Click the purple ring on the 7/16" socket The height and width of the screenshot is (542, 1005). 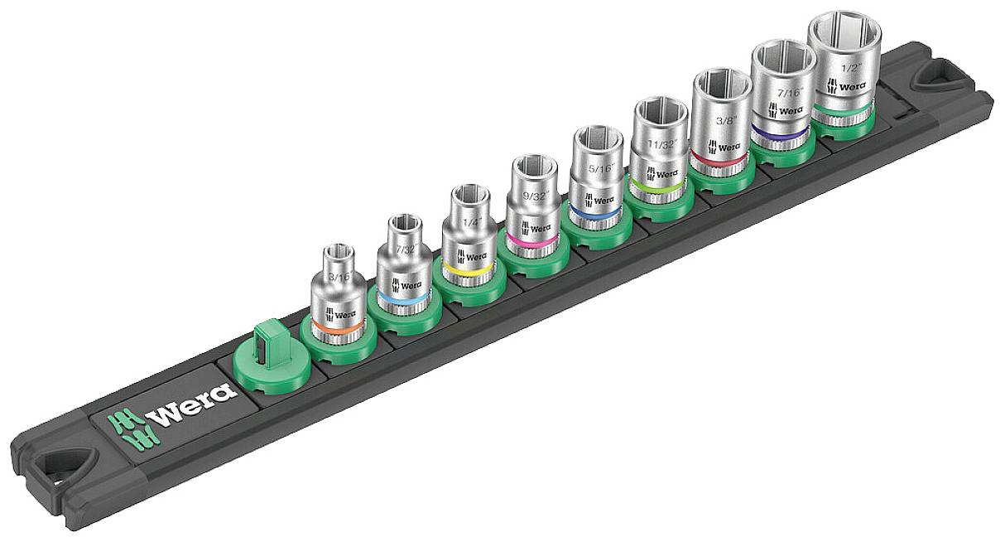[x=778, y=133]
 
